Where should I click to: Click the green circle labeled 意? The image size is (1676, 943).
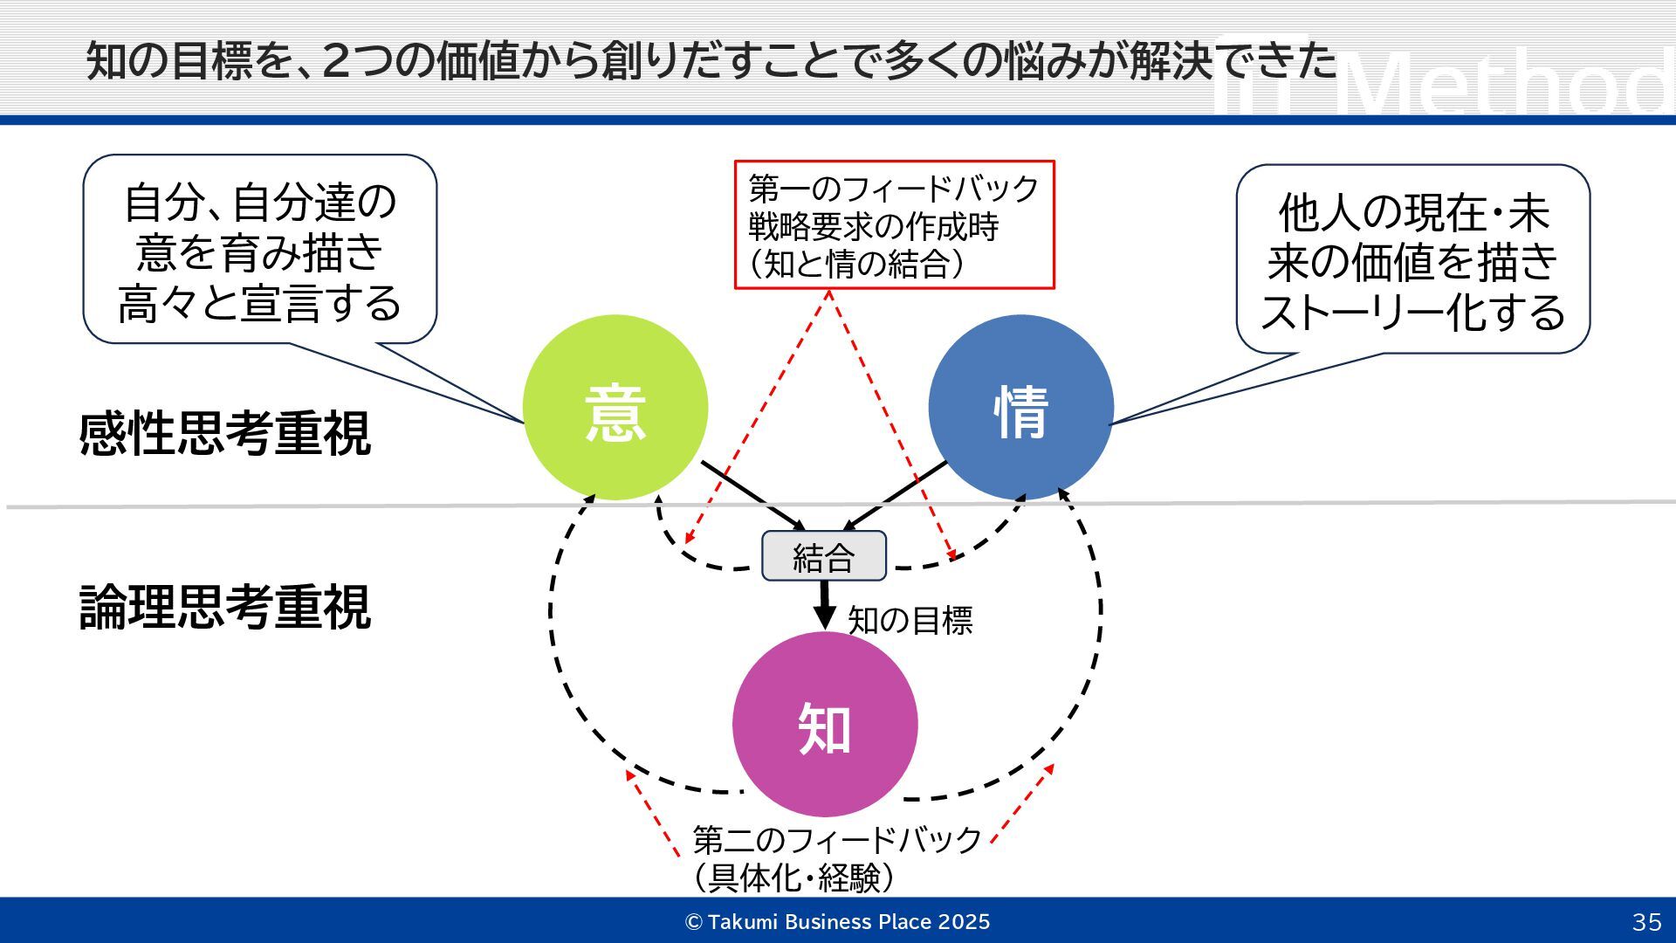click(x=615, y=407)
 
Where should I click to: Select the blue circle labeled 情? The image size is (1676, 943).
click(x=1020, y=407)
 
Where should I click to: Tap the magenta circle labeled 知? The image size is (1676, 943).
click(x=824, y=724)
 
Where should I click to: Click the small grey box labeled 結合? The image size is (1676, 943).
click(x=823, y=556)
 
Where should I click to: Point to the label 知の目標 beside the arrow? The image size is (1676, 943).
click(x=910, y=621)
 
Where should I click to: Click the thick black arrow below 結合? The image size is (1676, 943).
click(x=824, y=603)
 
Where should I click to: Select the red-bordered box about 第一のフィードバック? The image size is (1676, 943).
click(x=894, y=224)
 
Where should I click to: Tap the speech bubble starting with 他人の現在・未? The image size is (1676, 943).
click(x=1412, y=259)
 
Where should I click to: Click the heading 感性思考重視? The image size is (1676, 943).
click(x=224, y=434)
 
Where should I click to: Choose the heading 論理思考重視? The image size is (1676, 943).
click(x=224, y=607)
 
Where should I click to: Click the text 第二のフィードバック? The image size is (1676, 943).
click(x=837, y=840)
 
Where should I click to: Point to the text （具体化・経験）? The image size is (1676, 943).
click(x=793, y=878)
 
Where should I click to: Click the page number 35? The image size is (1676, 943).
click(x=1646, y=922)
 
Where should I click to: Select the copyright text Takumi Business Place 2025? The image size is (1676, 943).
click(x=838, y=922)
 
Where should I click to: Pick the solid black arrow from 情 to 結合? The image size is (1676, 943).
click(x=896, y=495)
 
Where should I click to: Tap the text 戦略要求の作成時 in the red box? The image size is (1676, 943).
click(x=873, y=227)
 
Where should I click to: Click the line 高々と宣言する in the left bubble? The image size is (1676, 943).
click(x=259, y=304)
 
